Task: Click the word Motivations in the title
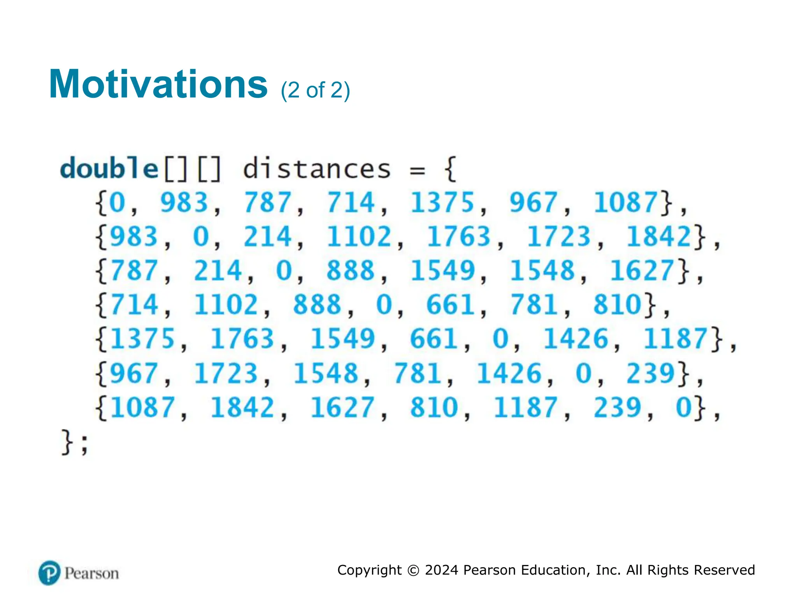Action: pos(158,84)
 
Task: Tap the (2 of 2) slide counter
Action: pos(315,90)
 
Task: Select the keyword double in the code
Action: pos(109,169)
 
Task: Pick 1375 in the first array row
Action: pos(442,202)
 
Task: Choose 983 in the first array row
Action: pos(184,202)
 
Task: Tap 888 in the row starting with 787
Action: pos(350,271)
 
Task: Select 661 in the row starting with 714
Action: pos(450,304)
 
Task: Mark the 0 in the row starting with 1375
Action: pos(500,338)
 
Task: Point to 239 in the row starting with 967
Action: pos(650,373)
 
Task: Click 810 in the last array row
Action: pos(434,407)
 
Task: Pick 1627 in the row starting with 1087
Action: pos(342,407)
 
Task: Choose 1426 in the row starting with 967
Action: pos(509,373)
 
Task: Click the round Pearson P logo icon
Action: pos(49,573)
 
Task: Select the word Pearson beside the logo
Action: pos(92,573)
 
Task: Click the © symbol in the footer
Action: pos(413,570)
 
